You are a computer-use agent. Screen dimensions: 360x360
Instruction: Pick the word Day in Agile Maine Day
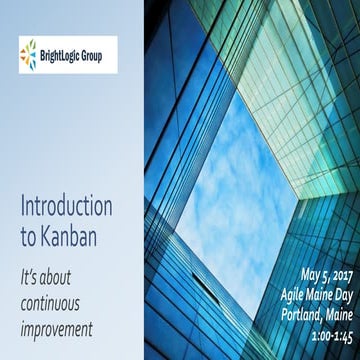point(337,292)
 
